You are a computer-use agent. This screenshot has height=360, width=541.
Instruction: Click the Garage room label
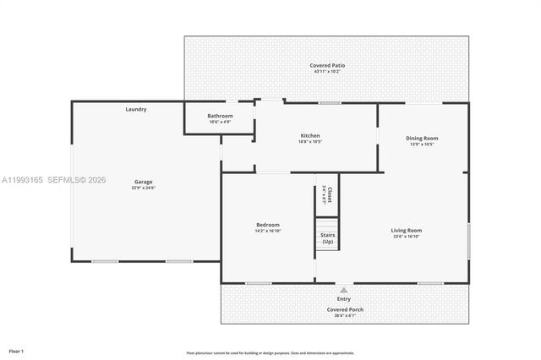coord(144,182)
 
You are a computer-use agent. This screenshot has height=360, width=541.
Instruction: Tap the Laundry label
coord(136,109)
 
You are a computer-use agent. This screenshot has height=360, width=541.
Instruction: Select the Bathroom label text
coord(220,116)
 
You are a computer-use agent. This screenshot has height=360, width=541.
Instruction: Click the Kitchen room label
coord(310,135)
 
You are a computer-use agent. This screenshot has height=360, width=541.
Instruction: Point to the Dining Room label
coord(422,138)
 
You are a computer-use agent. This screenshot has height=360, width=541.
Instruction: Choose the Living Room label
coord(406,230)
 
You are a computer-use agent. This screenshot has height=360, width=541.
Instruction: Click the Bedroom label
coord(268,225)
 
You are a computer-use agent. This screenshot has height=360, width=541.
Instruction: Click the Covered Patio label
coord(327,65)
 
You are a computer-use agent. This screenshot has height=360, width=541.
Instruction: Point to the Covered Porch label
coord(344,309)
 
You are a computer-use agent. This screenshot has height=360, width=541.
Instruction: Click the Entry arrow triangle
coord(344,290)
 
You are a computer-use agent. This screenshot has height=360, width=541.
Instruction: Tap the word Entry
coord(344,299)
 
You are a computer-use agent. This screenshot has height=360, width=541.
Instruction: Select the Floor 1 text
coord(16,350)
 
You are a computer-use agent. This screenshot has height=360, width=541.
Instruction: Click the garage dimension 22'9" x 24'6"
coord(144,188)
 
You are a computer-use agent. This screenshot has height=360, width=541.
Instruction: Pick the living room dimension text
coord(406,237)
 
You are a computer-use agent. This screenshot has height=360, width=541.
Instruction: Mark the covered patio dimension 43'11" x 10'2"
coord(327,72)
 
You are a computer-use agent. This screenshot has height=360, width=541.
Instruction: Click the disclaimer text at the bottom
coord(270,353)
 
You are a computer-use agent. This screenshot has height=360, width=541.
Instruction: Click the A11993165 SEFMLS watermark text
coord(54,179)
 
